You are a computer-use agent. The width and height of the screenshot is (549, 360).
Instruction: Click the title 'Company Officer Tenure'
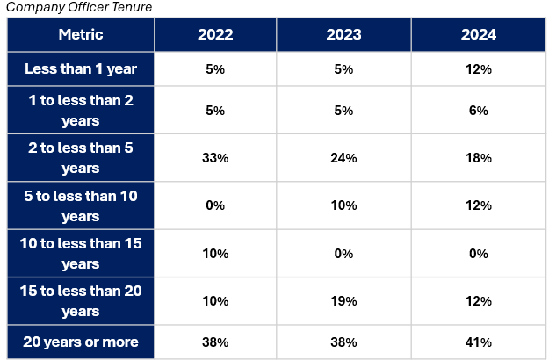click(79, 7)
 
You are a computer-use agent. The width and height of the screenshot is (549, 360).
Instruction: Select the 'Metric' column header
click(81, 34)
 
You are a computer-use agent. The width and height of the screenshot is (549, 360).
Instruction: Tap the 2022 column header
click(215, 34)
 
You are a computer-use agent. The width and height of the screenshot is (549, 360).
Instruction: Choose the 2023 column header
click(343, 34)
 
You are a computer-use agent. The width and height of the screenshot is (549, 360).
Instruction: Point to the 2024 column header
click(479, 34)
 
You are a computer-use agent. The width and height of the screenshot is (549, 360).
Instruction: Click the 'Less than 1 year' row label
click(81, 68)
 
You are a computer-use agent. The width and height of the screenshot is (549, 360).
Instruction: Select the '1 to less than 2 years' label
click(81, 111)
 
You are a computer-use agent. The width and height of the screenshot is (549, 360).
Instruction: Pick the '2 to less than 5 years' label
click(81, 158)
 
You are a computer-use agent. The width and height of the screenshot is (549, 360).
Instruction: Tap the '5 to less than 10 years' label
click(81, 205)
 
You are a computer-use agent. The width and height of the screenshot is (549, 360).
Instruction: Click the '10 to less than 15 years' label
click(81, 253)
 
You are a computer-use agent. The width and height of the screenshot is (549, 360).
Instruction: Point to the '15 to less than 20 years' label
click(81, 301)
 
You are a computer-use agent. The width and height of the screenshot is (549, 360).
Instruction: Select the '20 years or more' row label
click(81, 342)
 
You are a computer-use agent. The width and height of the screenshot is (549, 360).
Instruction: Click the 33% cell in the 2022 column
click(215, 158)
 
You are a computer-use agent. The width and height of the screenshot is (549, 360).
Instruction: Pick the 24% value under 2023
click(343, 158)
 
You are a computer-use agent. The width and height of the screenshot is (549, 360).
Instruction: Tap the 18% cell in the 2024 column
click(479, 158)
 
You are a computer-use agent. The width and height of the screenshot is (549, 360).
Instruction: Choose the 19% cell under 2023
click(343, 301)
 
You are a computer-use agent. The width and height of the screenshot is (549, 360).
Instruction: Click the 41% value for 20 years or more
click(479, 342)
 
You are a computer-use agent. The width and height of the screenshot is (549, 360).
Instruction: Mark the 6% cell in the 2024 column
click(479, 111)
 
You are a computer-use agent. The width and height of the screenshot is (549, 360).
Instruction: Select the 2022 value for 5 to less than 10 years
click(215, 205)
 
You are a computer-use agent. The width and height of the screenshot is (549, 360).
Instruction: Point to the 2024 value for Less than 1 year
click(479, 69)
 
